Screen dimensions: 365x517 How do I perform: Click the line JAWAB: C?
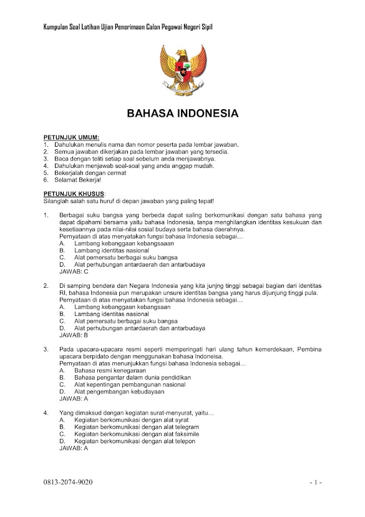pyautogui.click(x=74, y=272)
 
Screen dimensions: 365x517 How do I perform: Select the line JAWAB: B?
pyautogui.click(x=74, y=335)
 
